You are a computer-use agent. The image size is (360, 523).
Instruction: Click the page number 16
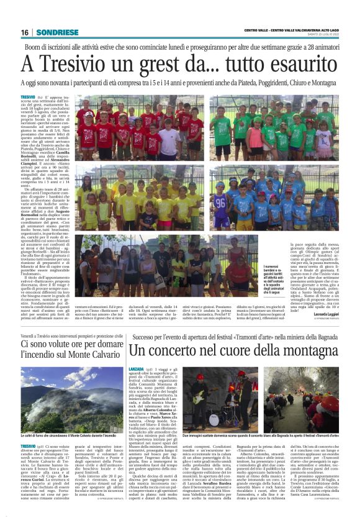[x=25, y=32]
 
